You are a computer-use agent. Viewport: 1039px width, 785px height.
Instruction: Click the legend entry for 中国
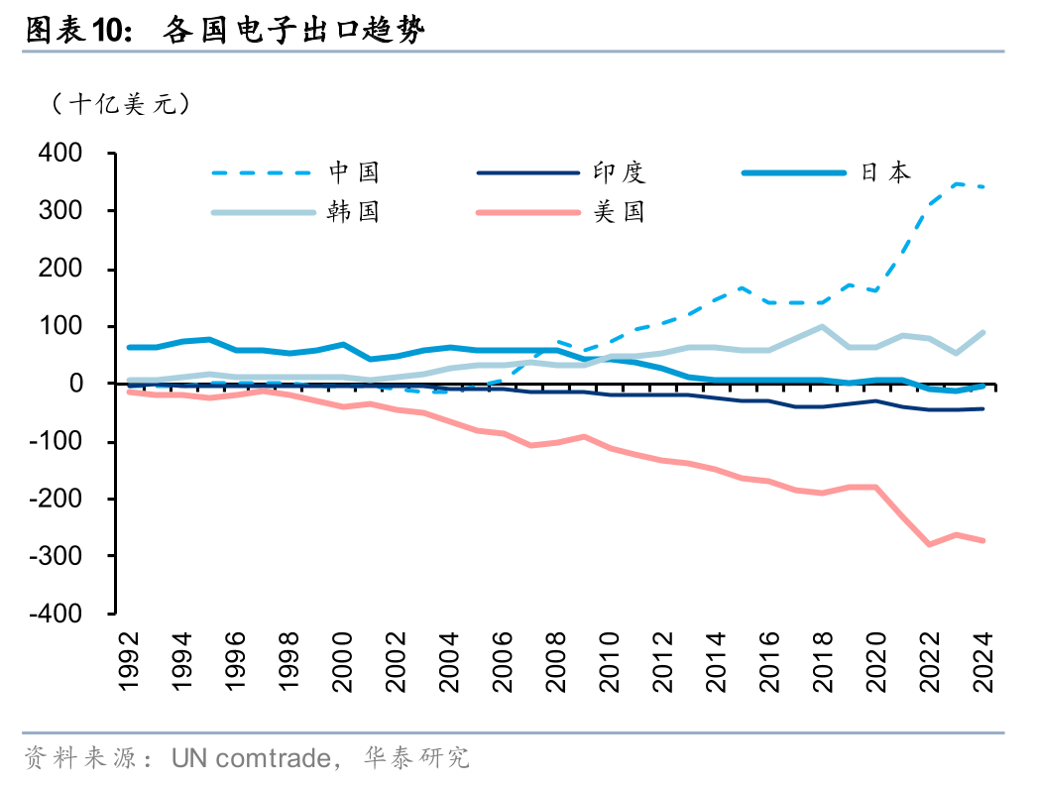tap(354, 172)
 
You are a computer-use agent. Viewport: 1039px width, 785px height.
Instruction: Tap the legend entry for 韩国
tap(354, 211)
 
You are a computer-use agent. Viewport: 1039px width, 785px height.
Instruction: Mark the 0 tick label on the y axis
tap(87, 384)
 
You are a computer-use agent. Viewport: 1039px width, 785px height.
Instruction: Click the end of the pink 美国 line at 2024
tap(983, 540)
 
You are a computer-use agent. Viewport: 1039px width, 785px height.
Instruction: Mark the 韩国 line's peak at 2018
tap(822, 326)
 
